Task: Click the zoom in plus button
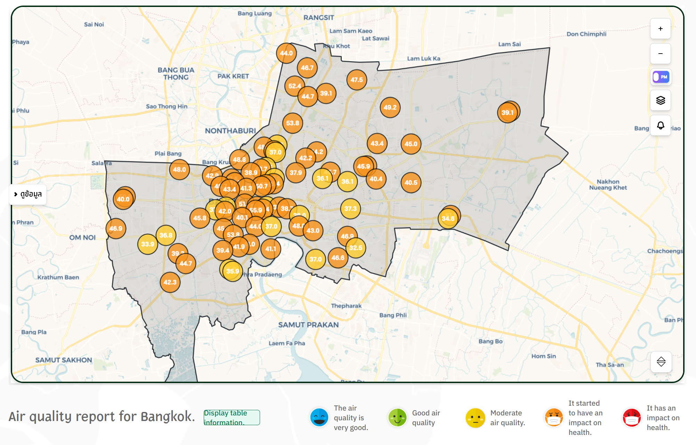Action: coord(660,29)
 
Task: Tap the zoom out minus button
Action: coord(660,54)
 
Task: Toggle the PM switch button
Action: coord(660,77)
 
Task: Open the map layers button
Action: coord(660,101)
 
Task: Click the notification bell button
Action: coord(660,126)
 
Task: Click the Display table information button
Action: coord(232,418)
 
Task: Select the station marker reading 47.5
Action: coord(356,80)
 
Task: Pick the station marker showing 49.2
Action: coord(390,108)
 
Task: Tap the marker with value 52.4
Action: coord(294,86)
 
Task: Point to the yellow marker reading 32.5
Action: coord(356,248)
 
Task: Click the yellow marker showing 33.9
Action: coord(147,244)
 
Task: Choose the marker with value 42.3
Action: coord(170,282)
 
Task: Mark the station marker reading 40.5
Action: coord(411,183)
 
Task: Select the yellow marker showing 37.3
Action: coord(350,209)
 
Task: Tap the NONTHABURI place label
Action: coord(230,131)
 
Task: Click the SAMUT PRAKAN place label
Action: coord(308,325)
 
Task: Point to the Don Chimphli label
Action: coord(586,34)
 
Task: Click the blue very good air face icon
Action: coord(319,418)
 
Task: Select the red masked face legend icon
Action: coord(631,418)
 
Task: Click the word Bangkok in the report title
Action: coord(167,416)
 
